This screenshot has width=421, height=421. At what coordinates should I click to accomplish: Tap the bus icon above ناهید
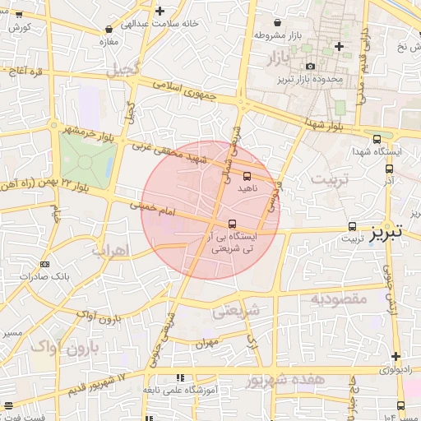click(x=248, y=176)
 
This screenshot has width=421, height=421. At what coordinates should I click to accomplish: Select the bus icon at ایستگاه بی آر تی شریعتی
click(x=232, y=223)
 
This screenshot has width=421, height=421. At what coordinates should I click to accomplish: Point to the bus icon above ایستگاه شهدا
click(x=377, y=139)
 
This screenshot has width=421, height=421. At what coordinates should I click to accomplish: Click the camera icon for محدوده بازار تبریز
click(x=309, y=67)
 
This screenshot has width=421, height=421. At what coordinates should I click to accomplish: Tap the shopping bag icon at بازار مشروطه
click(x=277, y=22)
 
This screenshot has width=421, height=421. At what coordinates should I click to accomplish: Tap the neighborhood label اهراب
click(x=111, y=248)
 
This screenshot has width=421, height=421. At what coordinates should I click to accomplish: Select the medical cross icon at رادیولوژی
click(x=397, y=357)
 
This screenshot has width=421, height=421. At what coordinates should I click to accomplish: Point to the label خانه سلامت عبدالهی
click(x=160, y=23)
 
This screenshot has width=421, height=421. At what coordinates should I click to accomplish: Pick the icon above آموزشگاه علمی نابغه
click(x=179, y=377)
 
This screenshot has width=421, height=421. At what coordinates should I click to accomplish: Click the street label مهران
click(x=206, y=341)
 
